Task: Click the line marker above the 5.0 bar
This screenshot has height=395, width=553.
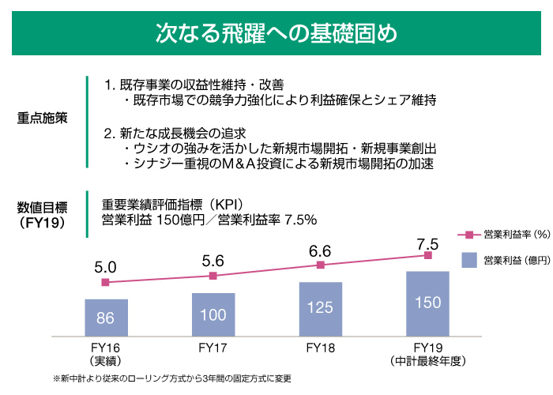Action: click(x=106, y=282)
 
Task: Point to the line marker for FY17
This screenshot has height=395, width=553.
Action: click(x=213, y=276)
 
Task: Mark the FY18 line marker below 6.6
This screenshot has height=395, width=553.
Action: click(x=321, y=265)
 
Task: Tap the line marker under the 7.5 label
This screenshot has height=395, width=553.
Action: click(x=427, y=255)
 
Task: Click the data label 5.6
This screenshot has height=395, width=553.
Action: click(x=213, y=261)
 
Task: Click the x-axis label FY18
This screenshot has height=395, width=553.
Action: click(x=321, y=347)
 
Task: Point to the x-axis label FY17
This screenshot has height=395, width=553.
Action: click(x=213, y=347)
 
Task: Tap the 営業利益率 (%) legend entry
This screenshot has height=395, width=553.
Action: click(x=506, y=234)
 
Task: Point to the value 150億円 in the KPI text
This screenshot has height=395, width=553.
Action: click(x=180, y=219)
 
